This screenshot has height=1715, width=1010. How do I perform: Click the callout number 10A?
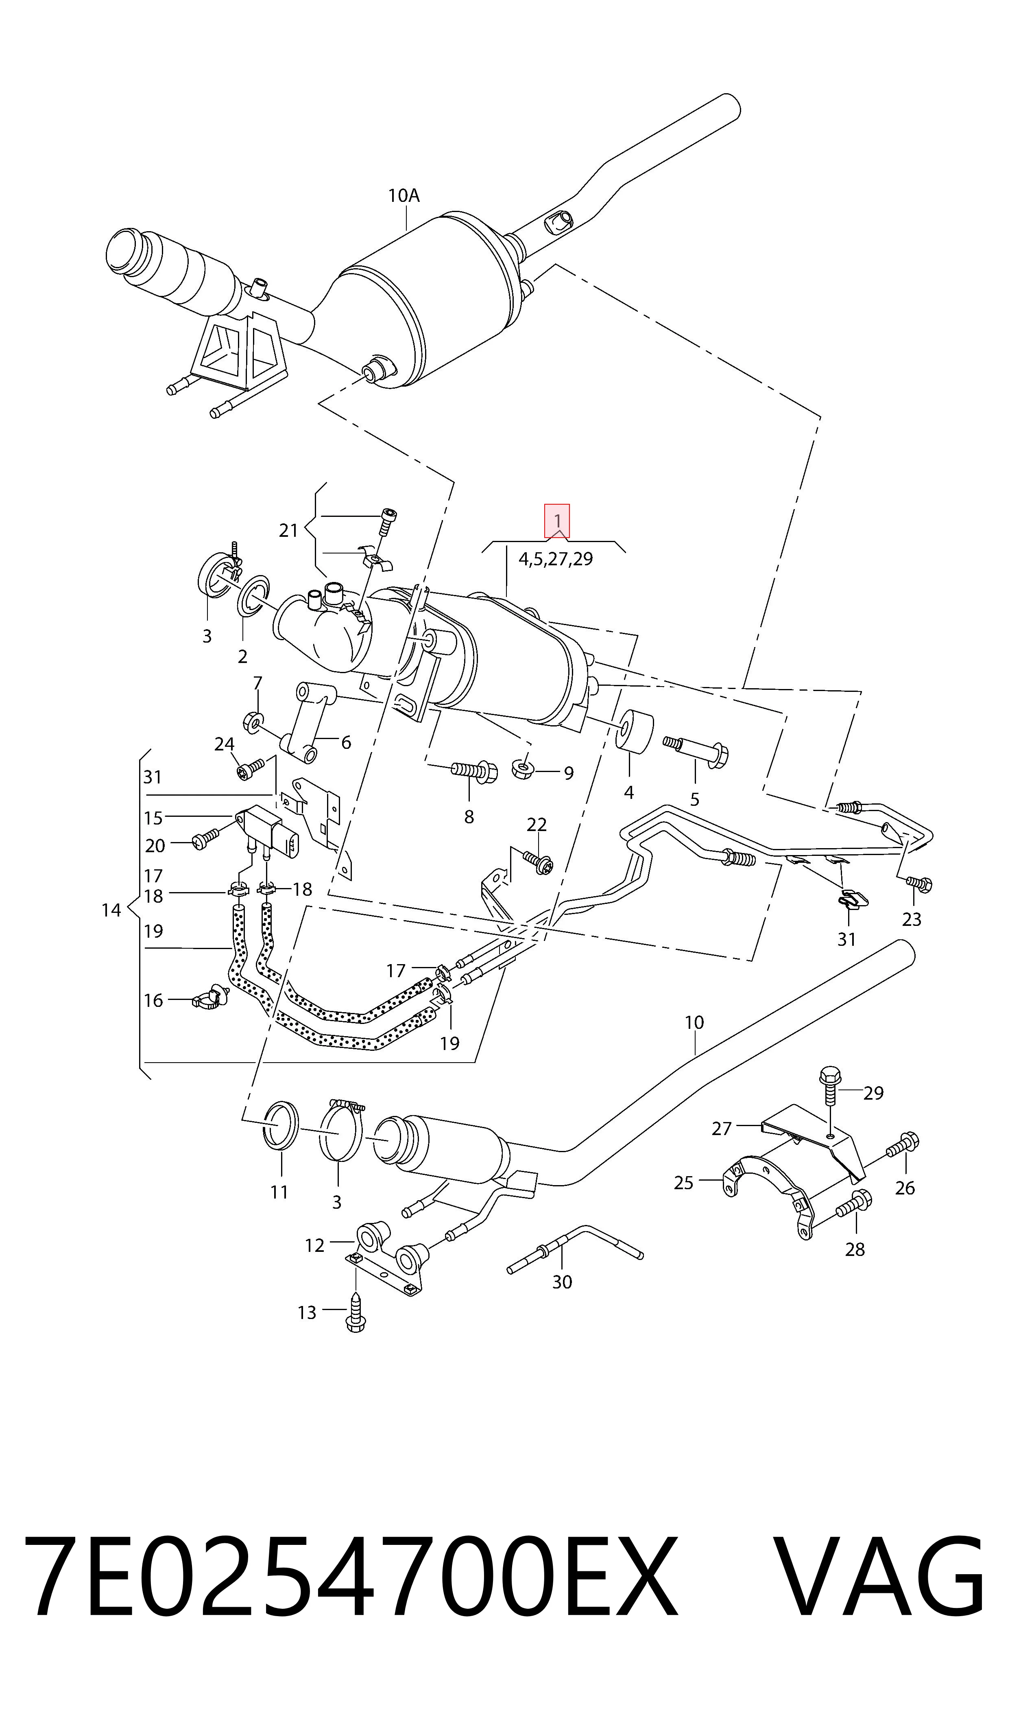coord(404,196)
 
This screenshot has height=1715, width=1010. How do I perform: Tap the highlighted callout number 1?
coord(557,521)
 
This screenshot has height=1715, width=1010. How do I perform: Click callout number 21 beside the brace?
coord(288,530)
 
